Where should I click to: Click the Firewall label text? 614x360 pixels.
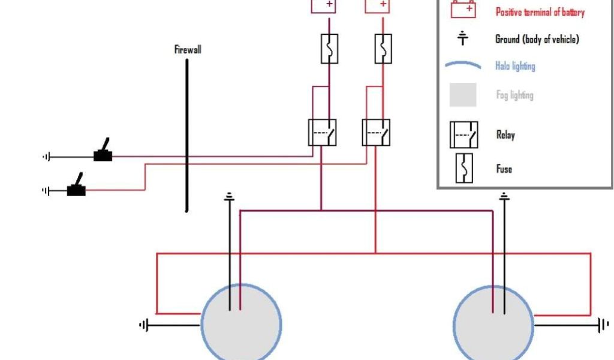pos(188,50)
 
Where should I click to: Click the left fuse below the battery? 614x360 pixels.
pos(329,49)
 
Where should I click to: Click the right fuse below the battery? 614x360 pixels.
pos(383,49)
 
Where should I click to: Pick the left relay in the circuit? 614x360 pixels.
pos(322,133)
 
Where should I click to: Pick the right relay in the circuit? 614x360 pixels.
pos(376,133)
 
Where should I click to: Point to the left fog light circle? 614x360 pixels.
pos(241,324)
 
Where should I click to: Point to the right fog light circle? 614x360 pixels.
pos(493,324)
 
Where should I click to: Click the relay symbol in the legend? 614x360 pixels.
pos(463,135)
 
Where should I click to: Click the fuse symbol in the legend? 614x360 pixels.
pos(463,169)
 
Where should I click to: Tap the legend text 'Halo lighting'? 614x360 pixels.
pos(515,66)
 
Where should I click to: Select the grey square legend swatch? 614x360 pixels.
pos(463,95)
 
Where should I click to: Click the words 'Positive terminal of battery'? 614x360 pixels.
pos(540,12)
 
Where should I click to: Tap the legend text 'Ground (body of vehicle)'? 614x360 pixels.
pos(537,40)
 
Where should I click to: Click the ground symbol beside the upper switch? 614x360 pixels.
pos(46,157)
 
